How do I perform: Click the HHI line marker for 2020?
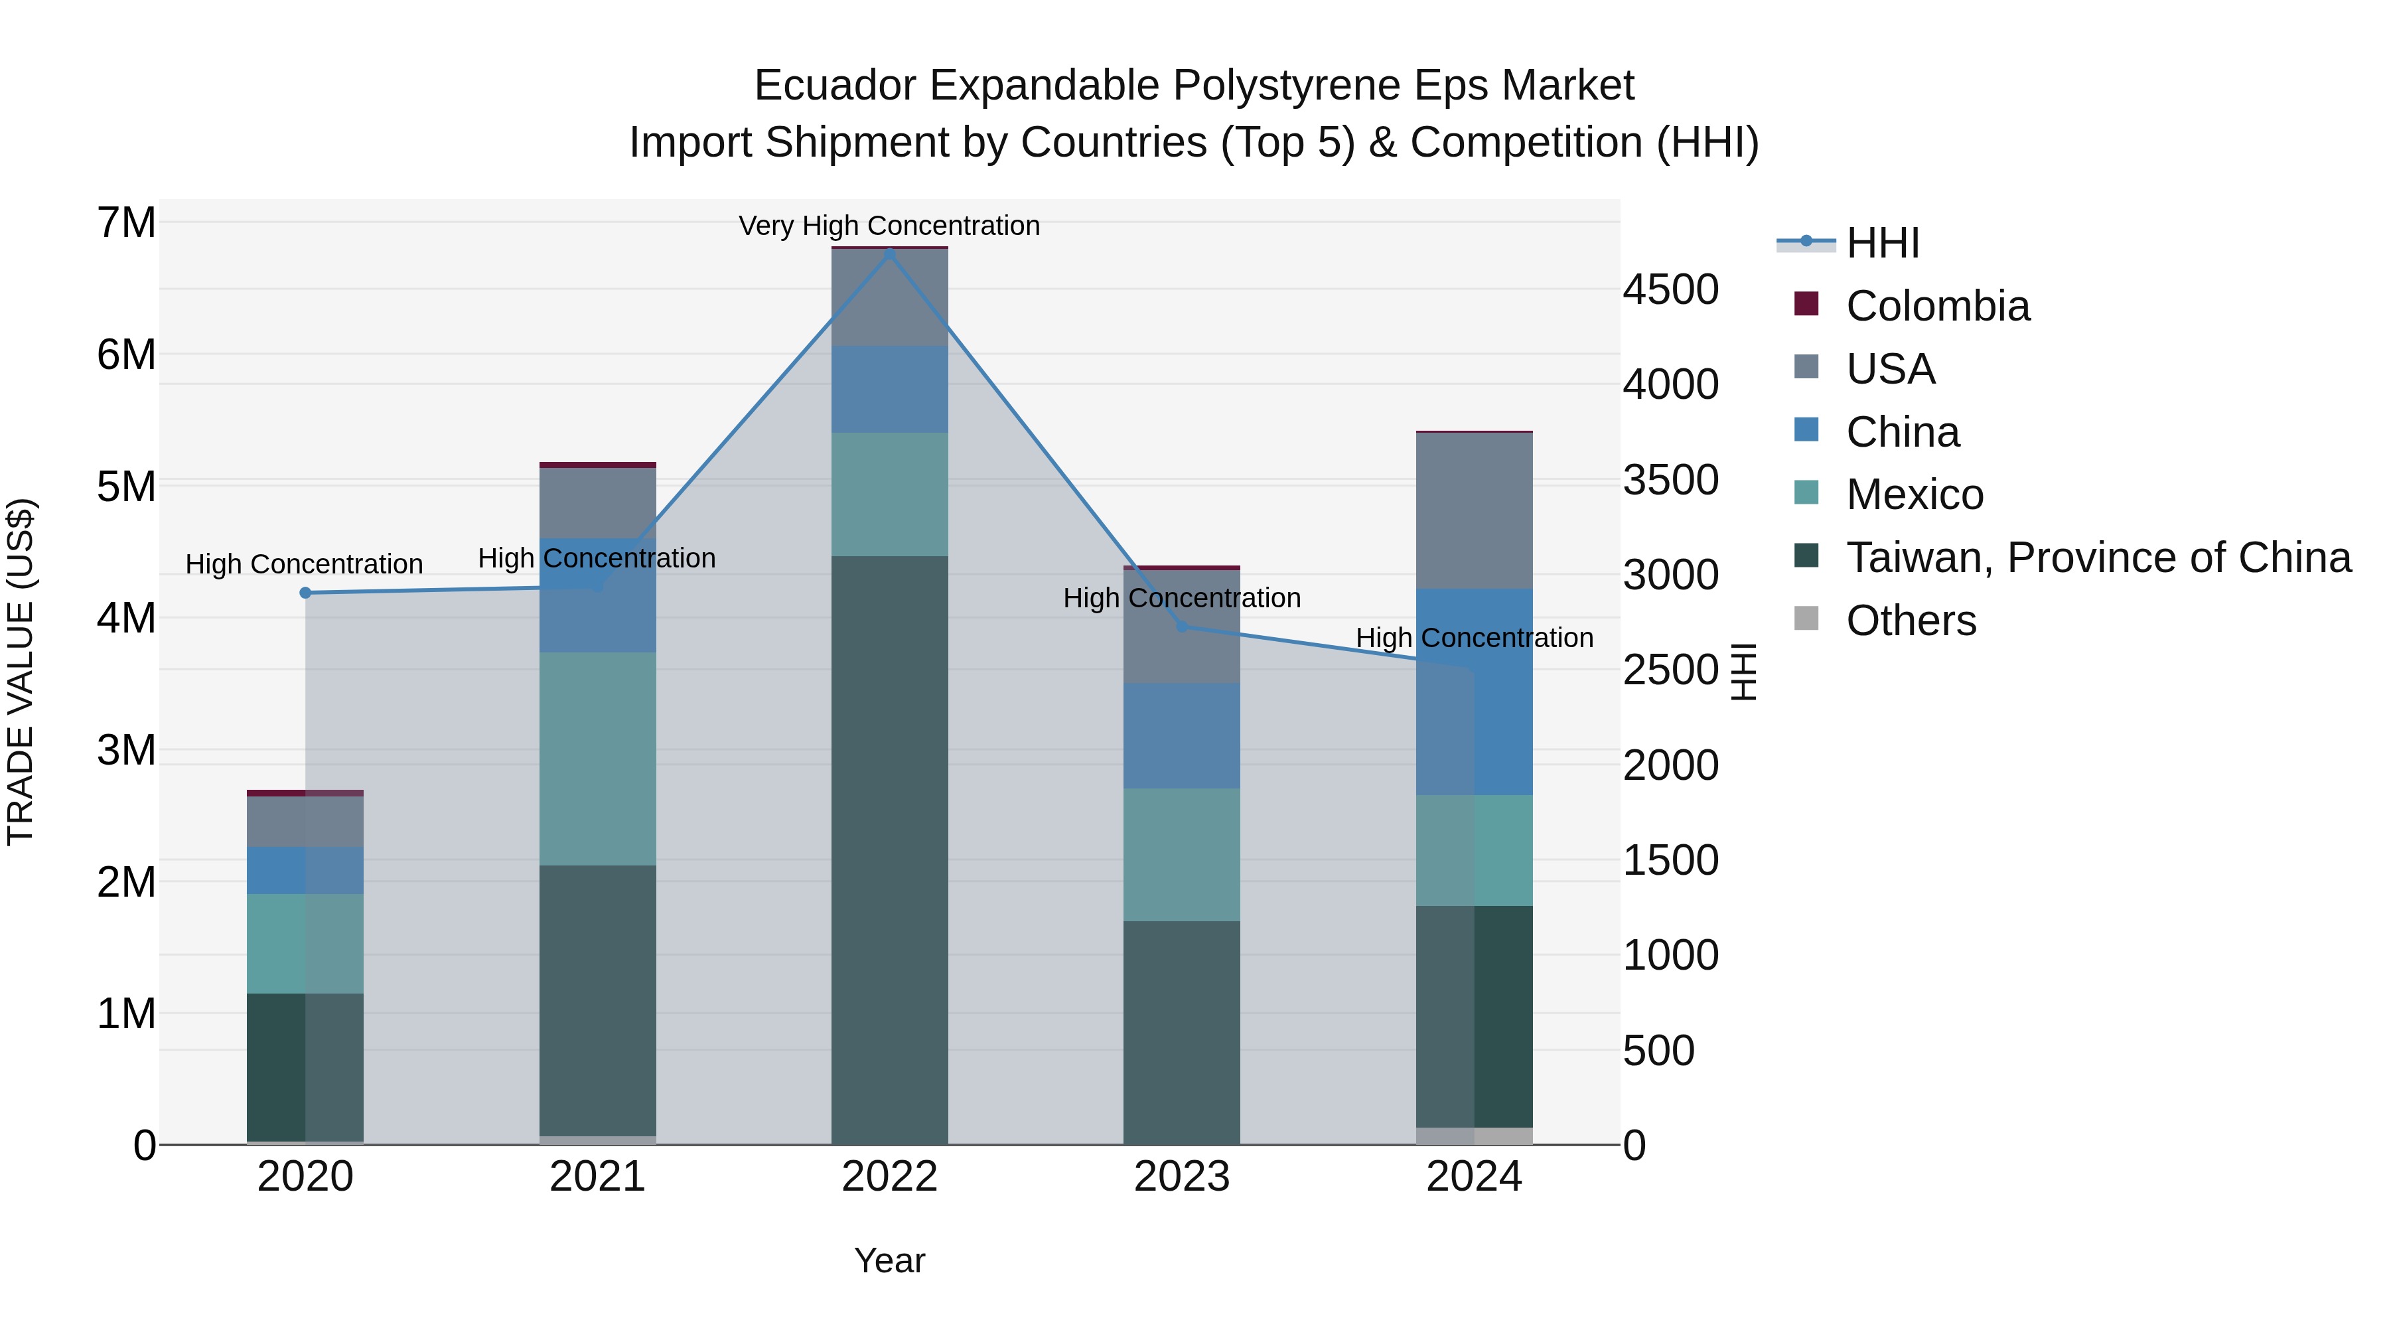(x=305, y=593)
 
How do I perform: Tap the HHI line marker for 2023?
(x=1181, y=627)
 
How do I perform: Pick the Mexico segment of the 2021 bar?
(x=597, y=759)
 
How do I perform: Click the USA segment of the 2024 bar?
(x=1474, y=510)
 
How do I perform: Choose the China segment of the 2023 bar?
(x=1181, y=735)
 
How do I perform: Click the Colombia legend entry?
(x=1936, y=306)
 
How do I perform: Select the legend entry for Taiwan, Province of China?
(x=2098, y=558)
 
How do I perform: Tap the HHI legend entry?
(x=1882, y=243)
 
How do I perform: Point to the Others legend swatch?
(x=1806, y=619)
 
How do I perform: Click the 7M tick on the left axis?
(x=126, y=222)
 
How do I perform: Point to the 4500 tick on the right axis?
(x=1670, y=289)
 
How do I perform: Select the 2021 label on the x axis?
(x=597, y=1177)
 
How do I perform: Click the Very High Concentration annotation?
(x=889, y=226)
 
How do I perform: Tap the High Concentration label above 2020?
(x=304, y=564)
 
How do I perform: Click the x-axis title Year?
(x=889, y=1260)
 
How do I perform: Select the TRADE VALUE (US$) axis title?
(x=21, y=672)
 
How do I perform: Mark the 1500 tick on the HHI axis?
(x=1670, y=859)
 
